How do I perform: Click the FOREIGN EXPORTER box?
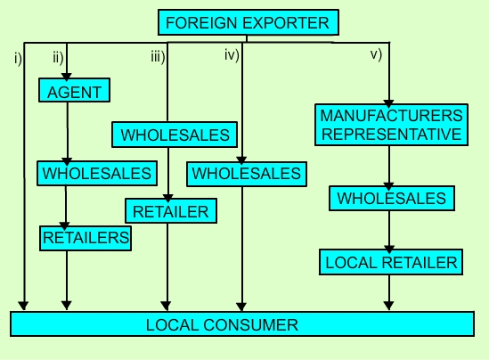coord(249,22)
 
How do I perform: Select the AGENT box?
coord(74,90)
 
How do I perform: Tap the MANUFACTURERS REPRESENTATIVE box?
coord(391,125)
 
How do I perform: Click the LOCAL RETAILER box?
coord(391,262)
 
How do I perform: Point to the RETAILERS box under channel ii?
coord(86,238)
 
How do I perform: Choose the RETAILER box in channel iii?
coord(171,211)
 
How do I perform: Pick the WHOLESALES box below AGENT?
coord(97,174)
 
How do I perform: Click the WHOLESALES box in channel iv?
coord(247,174)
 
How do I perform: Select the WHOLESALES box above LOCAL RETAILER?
coord(392,199)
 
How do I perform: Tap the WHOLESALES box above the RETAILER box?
coord(175,135)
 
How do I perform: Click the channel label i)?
coord(19,58)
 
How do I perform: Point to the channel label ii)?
coord(58,58)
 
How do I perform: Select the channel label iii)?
coord(158,57)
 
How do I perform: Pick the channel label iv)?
coord(232,55)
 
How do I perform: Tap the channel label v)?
coord(376,55)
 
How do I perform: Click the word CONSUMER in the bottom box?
coord(251,325)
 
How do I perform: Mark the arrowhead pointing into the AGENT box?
coord(67,77)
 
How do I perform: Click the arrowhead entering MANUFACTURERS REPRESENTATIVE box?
coord(388,103)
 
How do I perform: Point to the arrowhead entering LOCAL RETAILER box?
coord(389,249)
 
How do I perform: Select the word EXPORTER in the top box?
coord(286,23)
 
